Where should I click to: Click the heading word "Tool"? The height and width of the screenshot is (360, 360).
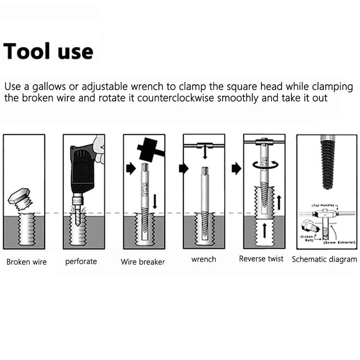[26, 51]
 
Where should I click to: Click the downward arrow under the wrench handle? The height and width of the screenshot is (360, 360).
[205, 152]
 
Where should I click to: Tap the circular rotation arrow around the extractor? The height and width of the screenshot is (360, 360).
[264, 164]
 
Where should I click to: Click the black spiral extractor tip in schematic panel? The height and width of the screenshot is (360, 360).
[327, 166]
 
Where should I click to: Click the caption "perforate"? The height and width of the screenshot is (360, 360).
[81, 262]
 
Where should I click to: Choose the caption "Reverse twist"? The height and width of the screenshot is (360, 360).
[261, 259]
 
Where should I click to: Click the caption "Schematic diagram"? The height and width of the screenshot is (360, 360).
[324, 259]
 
